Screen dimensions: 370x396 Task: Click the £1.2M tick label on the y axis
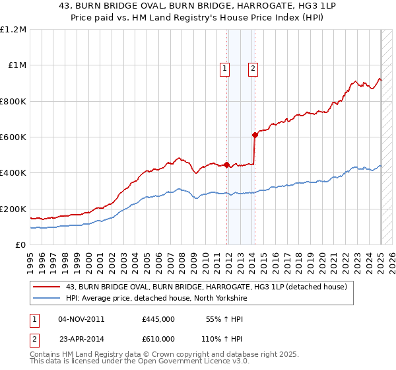13,30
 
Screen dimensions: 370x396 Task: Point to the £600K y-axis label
13,137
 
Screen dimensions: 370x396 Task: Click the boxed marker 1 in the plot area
225,67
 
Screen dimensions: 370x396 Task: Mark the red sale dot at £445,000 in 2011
226,165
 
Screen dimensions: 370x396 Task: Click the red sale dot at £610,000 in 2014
255,135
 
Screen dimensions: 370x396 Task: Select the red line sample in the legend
46,287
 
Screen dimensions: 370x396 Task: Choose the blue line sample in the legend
46,299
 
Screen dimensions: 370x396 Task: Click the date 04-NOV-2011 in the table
82,319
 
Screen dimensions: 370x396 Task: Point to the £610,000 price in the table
158,338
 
